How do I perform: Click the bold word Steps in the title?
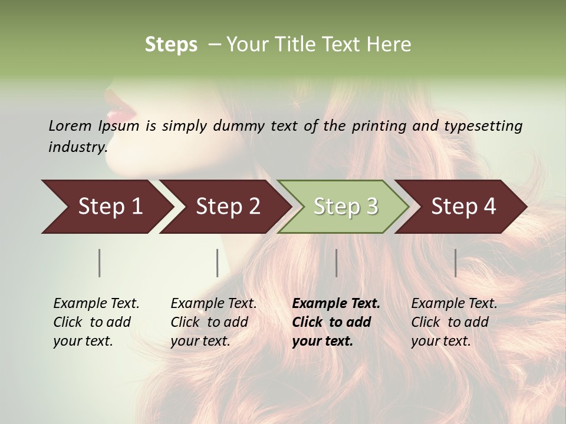pos(171,45)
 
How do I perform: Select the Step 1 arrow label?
pos(110,207)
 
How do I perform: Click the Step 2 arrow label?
pos(228,207)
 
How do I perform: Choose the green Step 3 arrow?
pos(345,207)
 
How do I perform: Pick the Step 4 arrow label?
pos(463,207)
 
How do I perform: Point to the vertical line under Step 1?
pos(100,263)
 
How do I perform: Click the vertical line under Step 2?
pos(218,263)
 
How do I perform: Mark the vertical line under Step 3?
pos(337,263)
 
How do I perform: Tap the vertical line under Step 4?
pos(456,263)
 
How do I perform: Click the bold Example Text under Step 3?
pos(336,304)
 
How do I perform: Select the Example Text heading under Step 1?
pos(96,304)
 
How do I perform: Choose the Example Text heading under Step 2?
pos(213,304)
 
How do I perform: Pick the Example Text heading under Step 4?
pos(454,304)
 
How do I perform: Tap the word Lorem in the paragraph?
pos(70,126)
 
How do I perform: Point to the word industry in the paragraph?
pos(77,147)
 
